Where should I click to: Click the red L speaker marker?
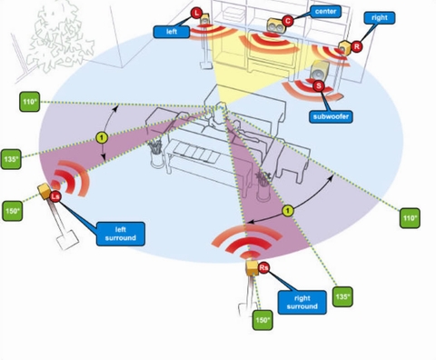pos(197,13)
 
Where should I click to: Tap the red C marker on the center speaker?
pos(287,21)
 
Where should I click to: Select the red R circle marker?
pos(357,46)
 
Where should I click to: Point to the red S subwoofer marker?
pos(319,86)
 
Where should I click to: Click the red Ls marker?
pos(55,196)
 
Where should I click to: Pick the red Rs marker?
pos(263,267)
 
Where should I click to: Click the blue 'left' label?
pos(172,32)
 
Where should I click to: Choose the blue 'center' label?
pos(325,12)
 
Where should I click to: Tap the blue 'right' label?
pos(380,18)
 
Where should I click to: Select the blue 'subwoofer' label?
pos(331,116)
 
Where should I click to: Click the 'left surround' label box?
pos(121,234)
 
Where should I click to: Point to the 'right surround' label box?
pos(302,302)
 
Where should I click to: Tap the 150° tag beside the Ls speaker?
pos(13,211)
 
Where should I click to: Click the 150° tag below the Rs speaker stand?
pos(263,320)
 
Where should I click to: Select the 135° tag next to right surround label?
pos(342,296)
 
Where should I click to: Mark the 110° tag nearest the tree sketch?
pos(30,102)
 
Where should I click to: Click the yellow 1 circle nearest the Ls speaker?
pos(102,138)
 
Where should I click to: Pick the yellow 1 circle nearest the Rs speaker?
pos(288,211)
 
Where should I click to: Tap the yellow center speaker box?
pos(275,25)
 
